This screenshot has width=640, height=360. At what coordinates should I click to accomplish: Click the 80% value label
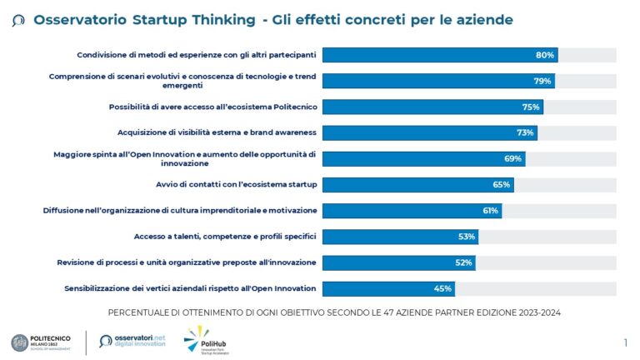tap(545, 55)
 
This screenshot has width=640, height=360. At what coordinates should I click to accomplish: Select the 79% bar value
tap(542, 81)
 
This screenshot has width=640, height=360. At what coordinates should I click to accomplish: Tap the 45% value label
tap(442, 288)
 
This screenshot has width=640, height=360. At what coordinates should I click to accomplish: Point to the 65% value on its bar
tap(502, 184)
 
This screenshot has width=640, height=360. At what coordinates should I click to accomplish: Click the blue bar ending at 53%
tap(400, 237)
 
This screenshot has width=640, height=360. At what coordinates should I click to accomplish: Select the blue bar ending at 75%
tap(432, 107)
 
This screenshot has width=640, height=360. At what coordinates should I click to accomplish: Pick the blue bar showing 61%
tap(412, 211)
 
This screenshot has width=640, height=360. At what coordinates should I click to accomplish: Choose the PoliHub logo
tap(203, 339)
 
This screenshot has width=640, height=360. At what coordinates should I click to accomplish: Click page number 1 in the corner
tap(625, 342)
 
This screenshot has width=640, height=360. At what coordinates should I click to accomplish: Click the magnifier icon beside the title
tap(18, 20)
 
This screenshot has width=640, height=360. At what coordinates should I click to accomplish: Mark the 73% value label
tap(525, 132)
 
